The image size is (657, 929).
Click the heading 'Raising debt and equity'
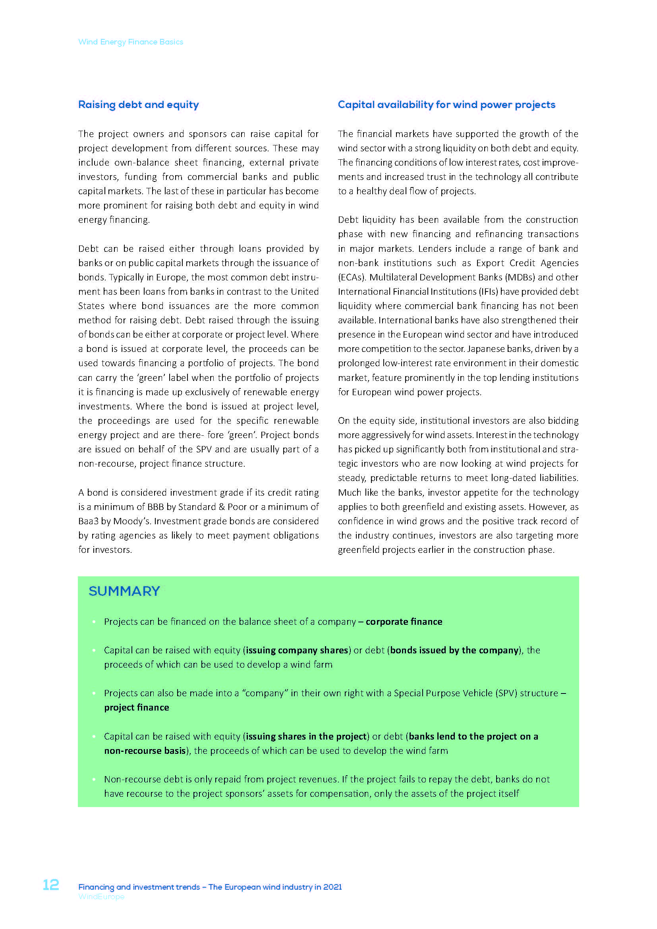pos(138,105)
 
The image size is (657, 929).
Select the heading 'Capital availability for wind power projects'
pos(446,105)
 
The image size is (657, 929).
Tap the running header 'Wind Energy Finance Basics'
pos(130,42)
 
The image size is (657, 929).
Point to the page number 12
pos(51,885)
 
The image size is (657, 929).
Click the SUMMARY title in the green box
pos(124,591)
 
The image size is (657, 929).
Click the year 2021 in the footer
pos(332,887)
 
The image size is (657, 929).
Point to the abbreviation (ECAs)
pos(352,278)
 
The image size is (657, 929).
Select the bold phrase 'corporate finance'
pos(404,622)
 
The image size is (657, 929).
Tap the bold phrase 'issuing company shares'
pos(297,650)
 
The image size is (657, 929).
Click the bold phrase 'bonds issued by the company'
pos(454,650)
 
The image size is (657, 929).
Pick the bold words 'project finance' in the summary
pos(136,707)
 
